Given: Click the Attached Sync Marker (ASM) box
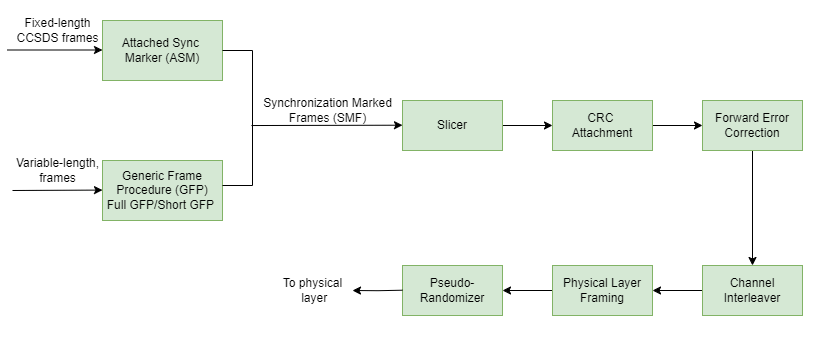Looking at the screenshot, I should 162,51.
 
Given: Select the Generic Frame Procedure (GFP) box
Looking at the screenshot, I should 162,190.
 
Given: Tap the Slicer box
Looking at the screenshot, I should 452,125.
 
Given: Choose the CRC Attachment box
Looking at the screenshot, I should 602,125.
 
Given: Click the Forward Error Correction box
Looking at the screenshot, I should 751,125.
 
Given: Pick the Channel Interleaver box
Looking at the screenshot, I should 751,290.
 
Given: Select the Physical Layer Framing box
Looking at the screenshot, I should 602,290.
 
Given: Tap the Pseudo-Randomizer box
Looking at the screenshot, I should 452,290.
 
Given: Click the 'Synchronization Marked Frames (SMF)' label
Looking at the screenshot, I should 327,110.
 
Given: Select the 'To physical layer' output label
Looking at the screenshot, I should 313,290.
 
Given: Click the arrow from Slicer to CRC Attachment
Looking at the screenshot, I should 527,126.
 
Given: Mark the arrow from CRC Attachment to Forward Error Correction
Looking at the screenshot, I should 677,126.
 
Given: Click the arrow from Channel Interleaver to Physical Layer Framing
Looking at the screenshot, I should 677,290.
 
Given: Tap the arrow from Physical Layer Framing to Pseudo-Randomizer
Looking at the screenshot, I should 527,290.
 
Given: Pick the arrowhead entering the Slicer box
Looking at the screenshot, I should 396,126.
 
